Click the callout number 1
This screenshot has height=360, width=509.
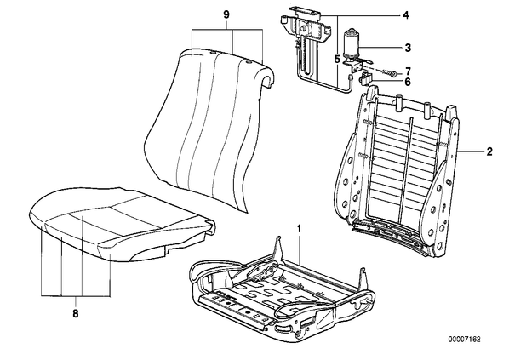tap(299, 229)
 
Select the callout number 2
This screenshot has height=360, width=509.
tap(489, 151)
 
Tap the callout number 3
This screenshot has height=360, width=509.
tap(408, 48)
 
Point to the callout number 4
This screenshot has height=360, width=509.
tap(406, 15)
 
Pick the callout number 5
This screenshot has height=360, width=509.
tap(337, 59)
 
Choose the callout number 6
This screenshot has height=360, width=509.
tap(408, 82)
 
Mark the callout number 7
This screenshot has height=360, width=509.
tap(408, 71)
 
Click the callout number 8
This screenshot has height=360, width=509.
tap(75, 313)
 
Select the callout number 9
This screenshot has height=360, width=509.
tap(226, 14)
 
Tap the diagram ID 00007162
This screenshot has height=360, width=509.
tap(464, 340)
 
